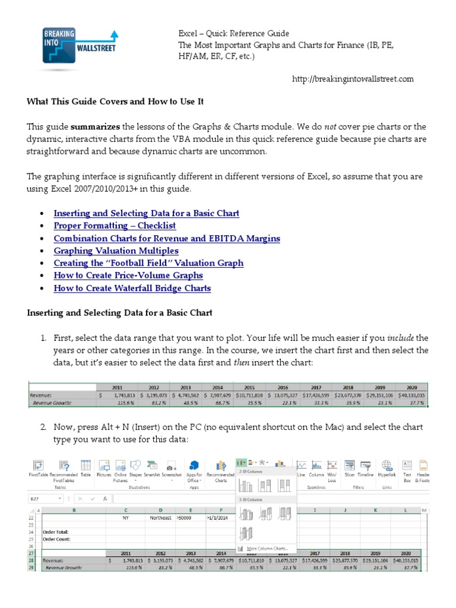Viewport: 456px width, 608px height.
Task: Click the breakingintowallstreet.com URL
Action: tap(353, 79)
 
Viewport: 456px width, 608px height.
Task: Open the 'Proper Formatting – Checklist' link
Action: tap(115, 226)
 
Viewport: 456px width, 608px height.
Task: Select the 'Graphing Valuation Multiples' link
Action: tap(116, 251)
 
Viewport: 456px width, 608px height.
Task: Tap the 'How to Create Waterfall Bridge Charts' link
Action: tap(132, 288)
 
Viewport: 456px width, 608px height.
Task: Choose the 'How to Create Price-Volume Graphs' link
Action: tap(128, 275)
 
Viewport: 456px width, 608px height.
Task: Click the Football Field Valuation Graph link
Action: tap(148, 263)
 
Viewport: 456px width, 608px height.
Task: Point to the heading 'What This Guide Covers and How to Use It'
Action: tap(115, 102)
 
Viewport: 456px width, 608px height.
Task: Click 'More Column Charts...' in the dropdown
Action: tap(270, 548)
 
